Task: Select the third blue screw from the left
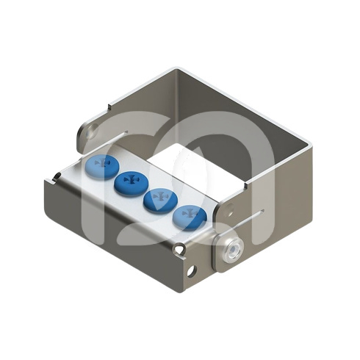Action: tap(159, 198)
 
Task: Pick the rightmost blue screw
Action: tap(188, 215)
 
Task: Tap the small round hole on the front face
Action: tap(192, 271)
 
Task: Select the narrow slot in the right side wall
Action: tap(248, 217)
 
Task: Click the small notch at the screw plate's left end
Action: tap(57, 176)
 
